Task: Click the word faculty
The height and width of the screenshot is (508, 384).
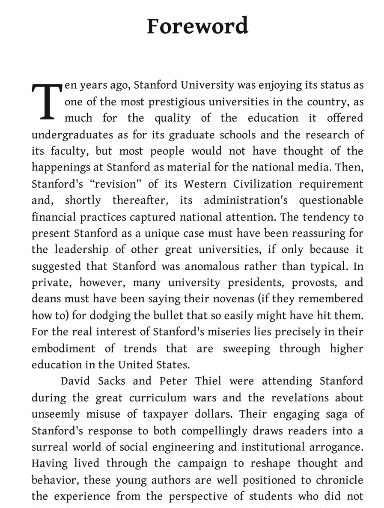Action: point(66,151)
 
